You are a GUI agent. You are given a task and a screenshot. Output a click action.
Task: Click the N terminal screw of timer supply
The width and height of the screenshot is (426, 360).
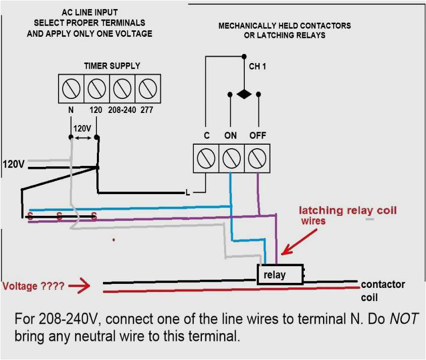coord(71,89)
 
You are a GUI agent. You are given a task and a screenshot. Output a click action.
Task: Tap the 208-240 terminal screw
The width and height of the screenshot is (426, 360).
coord(122,89)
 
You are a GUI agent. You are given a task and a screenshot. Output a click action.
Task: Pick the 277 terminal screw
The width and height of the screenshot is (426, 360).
coord(147,89)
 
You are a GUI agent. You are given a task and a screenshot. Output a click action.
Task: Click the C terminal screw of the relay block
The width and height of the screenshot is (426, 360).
coord(206,158)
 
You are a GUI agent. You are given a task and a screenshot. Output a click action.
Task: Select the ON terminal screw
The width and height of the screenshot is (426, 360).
coord(231,158)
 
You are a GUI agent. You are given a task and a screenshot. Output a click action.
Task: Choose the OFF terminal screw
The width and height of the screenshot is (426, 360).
coord(257,158)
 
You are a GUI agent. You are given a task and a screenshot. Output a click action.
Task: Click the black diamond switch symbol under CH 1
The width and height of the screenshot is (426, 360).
coord(244,94)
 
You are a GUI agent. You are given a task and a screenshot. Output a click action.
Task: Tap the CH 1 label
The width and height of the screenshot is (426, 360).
coord(257,66)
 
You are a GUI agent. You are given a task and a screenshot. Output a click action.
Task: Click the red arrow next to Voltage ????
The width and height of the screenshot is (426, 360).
coord(79,286)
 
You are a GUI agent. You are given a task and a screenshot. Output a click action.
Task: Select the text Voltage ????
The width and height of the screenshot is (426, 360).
coord(33,286)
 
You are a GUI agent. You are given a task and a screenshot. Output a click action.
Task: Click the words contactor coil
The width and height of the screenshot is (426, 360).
coord(382,291)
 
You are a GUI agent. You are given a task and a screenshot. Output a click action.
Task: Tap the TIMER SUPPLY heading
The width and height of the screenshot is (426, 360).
coord(112,66)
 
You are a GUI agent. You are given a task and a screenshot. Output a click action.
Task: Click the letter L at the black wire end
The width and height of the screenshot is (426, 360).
coord(187,192)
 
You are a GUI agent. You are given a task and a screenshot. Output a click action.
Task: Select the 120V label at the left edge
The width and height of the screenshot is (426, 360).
coord(14,164)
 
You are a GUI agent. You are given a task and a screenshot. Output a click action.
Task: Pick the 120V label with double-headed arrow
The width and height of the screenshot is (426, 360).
coord(82,129)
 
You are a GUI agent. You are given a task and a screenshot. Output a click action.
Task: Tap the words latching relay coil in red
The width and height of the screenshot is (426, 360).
coord(348,210)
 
